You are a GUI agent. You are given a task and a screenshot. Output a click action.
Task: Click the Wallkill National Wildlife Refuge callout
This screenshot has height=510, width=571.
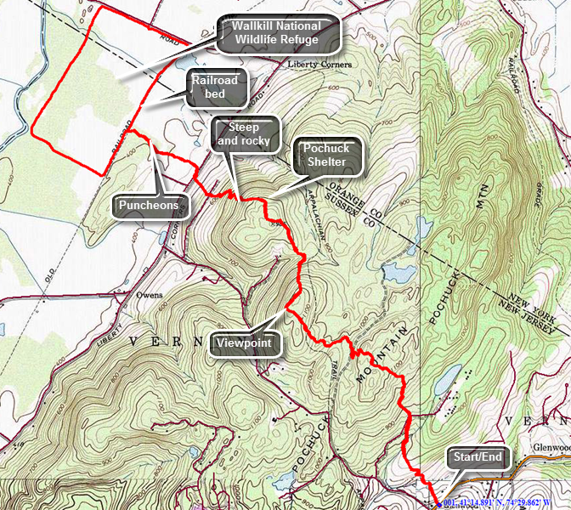[x=278, y=31]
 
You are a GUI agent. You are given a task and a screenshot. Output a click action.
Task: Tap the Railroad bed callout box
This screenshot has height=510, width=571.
[x=218, y=88]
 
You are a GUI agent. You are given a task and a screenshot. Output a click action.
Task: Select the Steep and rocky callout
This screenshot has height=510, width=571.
[x=244, y=134]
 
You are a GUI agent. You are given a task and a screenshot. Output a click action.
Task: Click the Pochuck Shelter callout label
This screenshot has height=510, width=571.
[x=327, y=156]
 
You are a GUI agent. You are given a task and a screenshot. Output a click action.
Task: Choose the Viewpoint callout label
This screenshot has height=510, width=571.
[x=245, y=343]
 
